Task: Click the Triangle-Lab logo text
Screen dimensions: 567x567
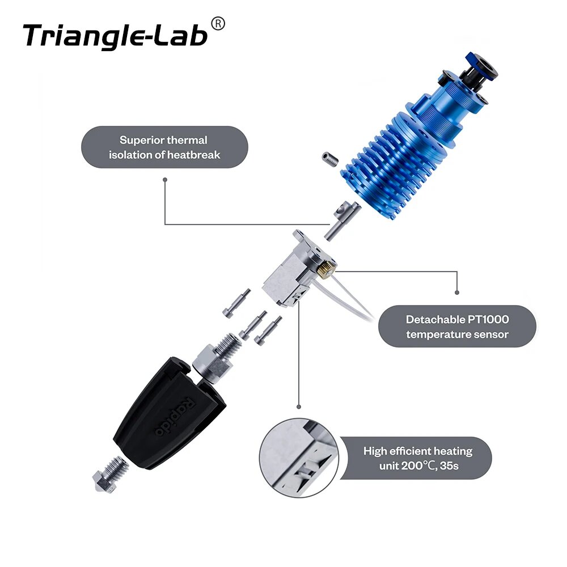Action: (115, 37)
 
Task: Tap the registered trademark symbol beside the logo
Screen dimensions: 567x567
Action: (218, 24)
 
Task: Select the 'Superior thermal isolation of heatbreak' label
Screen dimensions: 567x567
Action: (164, 147)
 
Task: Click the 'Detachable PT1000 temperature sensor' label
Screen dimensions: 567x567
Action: (457, 327)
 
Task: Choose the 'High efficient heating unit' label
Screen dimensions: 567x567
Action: (418, 458)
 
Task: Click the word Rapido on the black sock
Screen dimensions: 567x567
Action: (175, 416)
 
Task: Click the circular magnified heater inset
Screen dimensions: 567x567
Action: (299, 458)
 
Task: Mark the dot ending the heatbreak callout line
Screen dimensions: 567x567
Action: (165, 179)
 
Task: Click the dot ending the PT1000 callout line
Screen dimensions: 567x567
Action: (457, 292)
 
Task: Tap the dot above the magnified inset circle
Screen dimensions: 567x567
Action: (299, 407)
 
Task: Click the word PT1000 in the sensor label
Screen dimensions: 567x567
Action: (488, 319)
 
